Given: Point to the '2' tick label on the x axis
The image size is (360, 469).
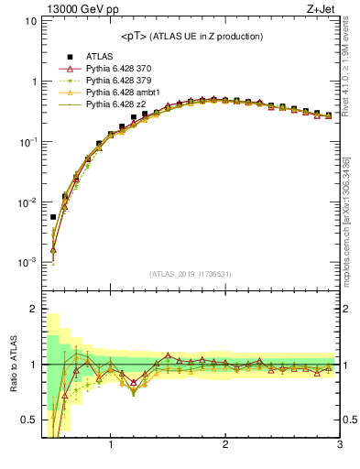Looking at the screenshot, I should pos(225,446).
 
